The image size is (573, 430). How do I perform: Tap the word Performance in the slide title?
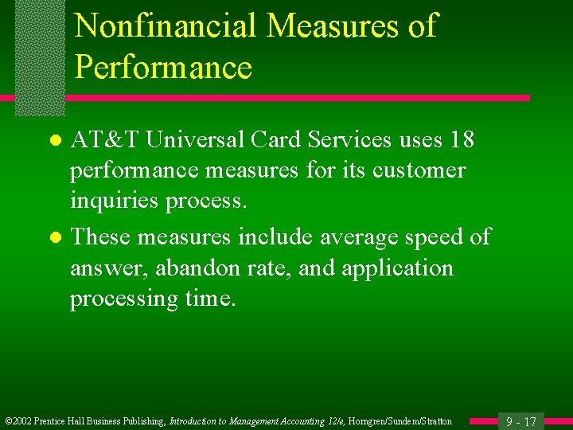tap(163, 68)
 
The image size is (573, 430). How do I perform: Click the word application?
tap(399, 268)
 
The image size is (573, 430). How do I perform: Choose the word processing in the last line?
tap(120, 299)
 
